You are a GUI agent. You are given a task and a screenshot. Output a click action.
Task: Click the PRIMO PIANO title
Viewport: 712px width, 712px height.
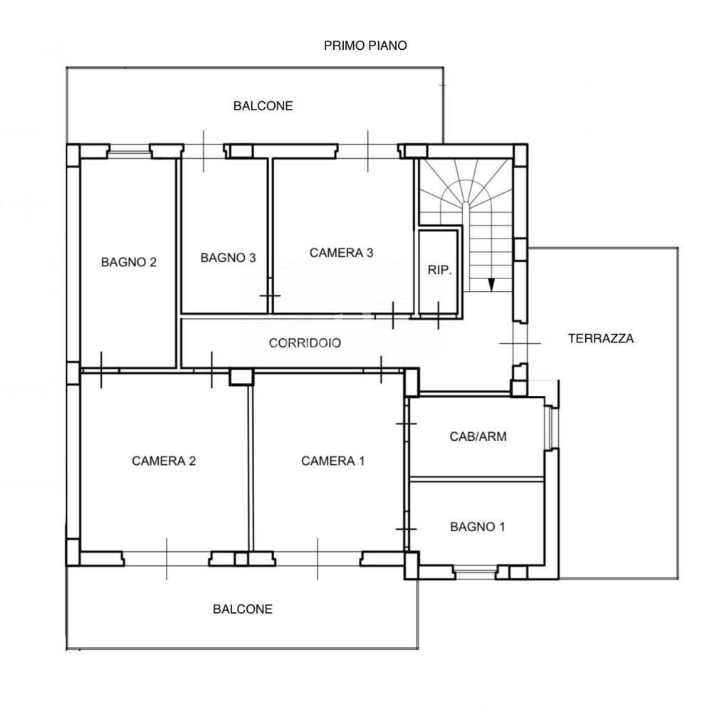pos(365,46)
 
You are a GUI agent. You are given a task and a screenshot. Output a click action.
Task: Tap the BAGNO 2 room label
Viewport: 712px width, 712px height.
pos(129,262)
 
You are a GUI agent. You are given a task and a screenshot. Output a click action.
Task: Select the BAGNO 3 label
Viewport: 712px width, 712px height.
pos(228,258)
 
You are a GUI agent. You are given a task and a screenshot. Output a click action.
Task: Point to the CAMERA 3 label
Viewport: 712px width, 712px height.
pos(341,253)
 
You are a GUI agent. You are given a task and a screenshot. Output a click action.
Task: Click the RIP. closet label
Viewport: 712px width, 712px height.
pos(439,270)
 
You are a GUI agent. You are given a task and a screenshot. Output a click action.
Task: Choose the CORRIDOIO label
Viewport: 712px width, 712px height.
pos(305,343)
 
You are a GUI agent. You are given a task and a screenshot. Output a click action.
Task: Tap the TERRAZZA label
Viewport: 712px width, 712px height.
pos(601,338)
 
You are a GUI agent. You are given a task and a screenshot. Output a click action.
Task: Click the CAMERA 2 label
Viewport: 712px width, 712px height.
pos(164,461)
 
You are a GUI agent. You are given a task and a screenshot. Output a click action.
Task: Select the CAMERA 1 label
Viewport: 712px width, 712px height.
pos(333,461)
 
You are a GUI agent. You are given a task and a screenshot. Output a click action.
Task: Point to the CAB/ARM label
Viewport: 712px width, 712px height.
pos(478,436)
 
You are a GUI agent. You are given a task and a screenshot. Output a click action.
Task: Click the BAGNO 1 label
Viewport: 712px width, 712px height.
pos(477,527)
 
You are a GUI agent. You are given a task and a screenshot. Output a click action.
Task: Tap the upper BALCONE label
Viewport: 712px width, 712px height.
pos(263,106)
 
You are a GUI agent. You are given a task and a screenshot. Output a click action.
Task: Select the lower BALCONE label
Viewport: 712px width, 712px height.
pos(243,609)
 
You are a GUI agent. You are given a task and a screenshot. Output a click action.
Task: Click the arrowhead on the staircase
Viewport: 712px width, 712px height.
pos(491,285)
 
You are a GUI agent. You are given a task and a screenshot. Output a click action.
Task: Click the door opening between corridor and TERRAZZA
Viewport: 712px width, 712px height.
pos(520,344)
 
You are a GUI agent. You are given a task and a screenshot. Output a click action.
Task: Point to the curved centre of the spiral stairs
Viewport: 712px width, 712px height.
pos(466,209)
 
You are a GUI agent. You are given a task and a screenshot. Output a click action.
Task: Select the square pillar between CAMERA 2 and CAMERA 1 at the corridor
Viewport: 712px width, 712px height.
pos(241,377)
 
